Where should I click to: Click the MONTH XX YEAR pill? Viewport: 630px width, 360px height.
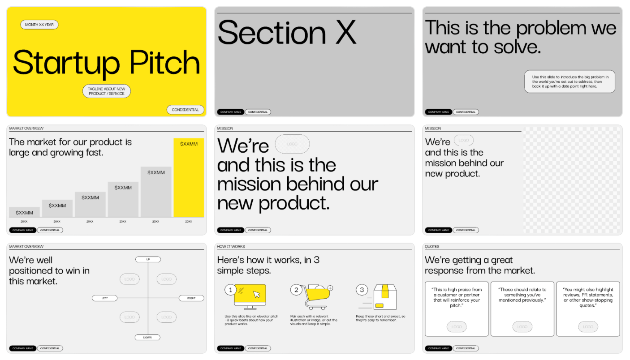(x=39, y=25)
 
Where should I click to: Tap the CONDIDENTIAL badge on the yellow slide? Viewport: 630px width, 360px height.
(x=185, y=110)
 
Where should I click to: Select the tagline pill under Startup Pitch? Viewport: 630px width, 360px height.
(x=107, y=91)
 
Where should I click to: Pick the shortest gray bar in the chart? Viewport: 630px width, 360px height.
(x=24, y=212)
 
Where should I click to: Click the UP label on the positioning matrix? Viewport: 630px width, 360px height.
(x=148, y=259)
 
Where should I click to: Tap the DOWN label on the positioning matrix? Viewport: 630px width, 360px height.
(x=147, y=337)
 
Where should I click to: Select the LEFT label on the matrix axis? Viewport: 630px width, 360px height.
(x=104, y=298)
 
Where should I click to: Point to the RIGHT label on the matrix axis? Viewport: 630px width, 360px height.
(x=191, y=298)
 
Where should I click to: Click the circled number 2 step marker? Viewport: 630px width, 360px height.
(x=296, y=290)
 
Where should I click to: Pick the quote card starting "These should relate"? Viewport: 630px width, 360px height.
(x=522, y=309)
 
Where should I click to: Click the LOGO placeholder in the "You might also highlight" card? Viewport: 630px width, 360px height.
(x=588, y=327)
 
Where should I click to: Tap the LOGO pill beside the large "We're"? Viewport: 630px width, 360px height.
(x=292, y=144)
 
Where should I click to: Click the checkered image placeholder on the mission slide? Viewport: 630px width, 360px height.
(x=572, y=179)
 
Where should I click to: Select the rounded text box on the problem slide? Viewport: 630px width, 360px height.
(x=570, y=81)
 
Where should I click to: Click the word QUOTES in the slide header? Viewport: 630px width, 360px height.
(x=432, y=247)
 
